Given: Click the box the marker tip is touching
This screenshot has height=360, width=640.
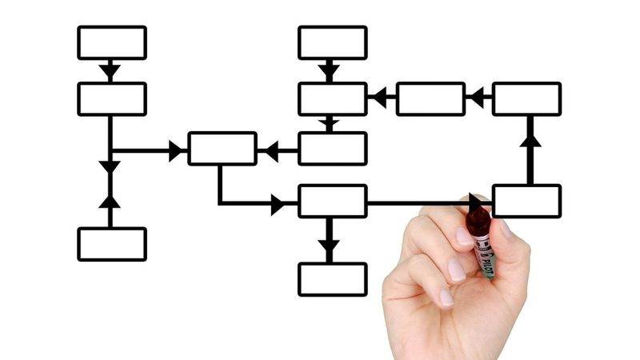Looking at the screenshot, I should pos(526,201).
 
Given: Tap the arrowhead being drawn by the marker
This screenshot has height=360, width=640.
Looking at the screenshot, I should pos(478,203).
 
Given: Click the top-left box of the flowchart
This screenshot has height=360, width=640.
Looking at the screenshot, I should pos(112,42).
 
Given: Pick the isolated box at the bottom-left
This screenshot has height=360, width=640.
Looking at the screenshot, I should pos(112,244).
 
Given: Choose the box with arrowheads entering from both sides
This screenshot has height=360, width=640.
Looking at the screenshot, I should pos(222,149).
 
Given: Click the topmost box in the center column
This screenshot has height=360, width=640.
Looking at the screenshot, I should pos(333,42).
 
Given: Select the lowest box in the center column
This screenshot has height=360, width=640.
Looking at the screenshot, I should pos(333,279).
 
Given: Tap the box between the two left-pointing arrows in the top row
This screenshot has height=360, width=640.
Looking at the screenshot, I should pos(430,98).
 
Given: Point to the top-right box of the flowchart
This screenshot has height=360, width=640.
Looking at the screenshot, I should pos(526,98).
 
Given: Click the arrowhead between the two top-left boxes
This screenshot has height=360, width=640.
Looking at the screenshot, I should pos(110,71).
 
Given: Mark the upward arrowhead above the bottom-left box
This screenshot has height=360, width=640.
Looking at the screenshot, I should pos(110,199).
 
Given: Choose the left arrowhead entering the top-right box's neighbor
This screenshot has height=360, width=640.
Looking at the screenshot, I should pos(477,98).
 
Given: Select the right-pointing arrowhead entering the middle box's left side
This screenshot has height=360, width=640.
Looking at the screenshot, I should pos(177,150).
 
